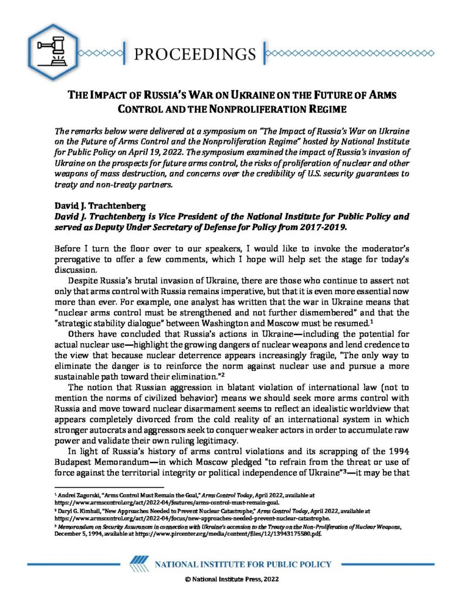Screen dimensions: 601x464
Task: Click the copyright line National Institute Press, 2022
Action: [232, 588]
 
